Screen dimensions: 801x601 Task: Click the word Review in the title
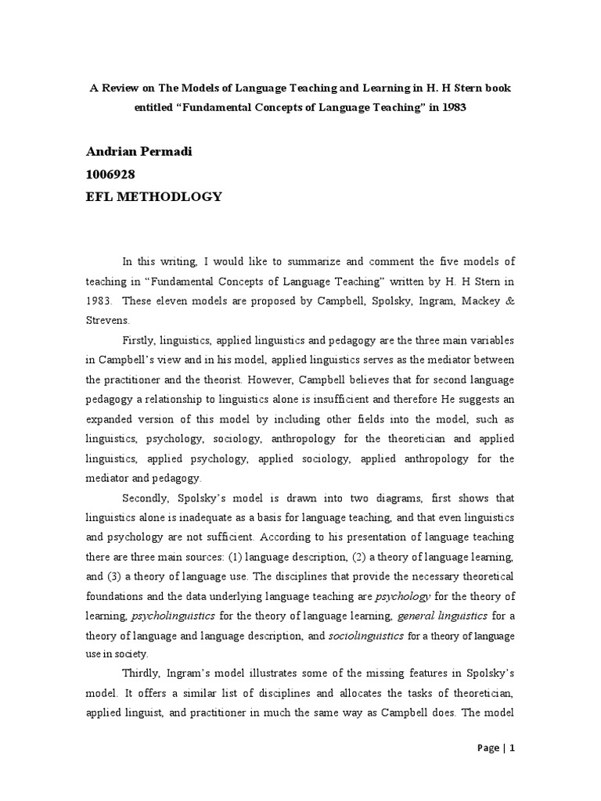pos(114,88)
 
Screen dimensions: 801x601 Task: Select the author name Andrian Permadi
pos(139,152)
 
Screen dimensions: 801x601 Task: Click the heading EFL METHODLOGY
pos(153,197)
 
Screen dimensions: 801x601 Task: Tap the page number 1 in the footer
pos(513,748)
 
